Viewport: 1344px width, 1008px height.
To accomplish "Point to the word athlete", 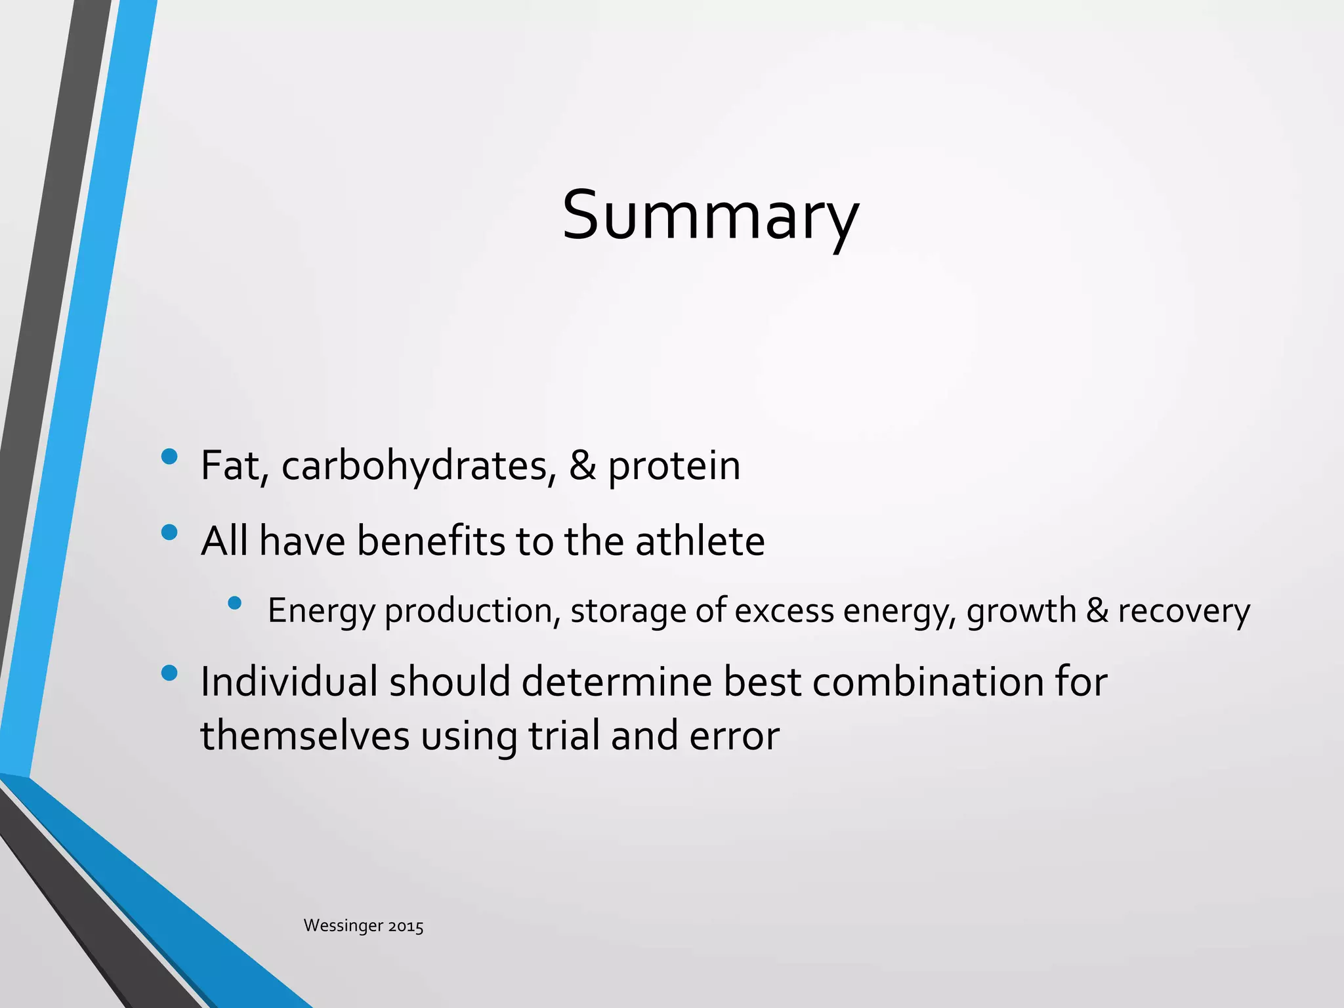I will pyautogui.click(x=700, y=542).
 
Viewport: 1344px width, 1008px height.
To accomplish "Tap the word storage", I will pyautogui.click(x=628, y=612).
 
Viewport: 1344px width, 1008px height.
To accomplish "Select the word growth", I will pyautogui.click(x=1020, y=612).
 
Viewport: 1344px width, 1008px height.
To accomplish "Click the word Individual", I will pyautogui.click(x=289, y=682).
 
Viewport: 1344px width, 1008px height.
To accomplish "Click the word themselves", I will pyautogui.click(x=304, y=736).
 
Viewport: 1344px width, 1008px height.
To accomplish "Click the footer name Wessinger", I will pyautogui.click(x=343, y=926).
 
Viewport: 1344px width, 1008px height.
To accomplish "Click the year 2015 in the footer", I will pyautogui.click(x=406, y=927).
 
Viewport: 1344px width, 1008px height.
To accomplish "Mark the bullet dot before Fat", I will pyautogui.click(x=169, y=457).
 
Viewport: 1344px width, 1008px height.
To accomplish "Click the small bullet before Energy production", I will pyautogui.click(x=234, y=602).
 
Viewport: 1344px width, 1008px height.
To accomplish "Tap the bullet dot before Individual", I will pyautogui.click(x=169, y=673).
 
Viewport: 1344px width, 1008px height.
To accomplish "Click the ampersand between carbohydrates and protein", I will pyautogui.click(x=582, y=466).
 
